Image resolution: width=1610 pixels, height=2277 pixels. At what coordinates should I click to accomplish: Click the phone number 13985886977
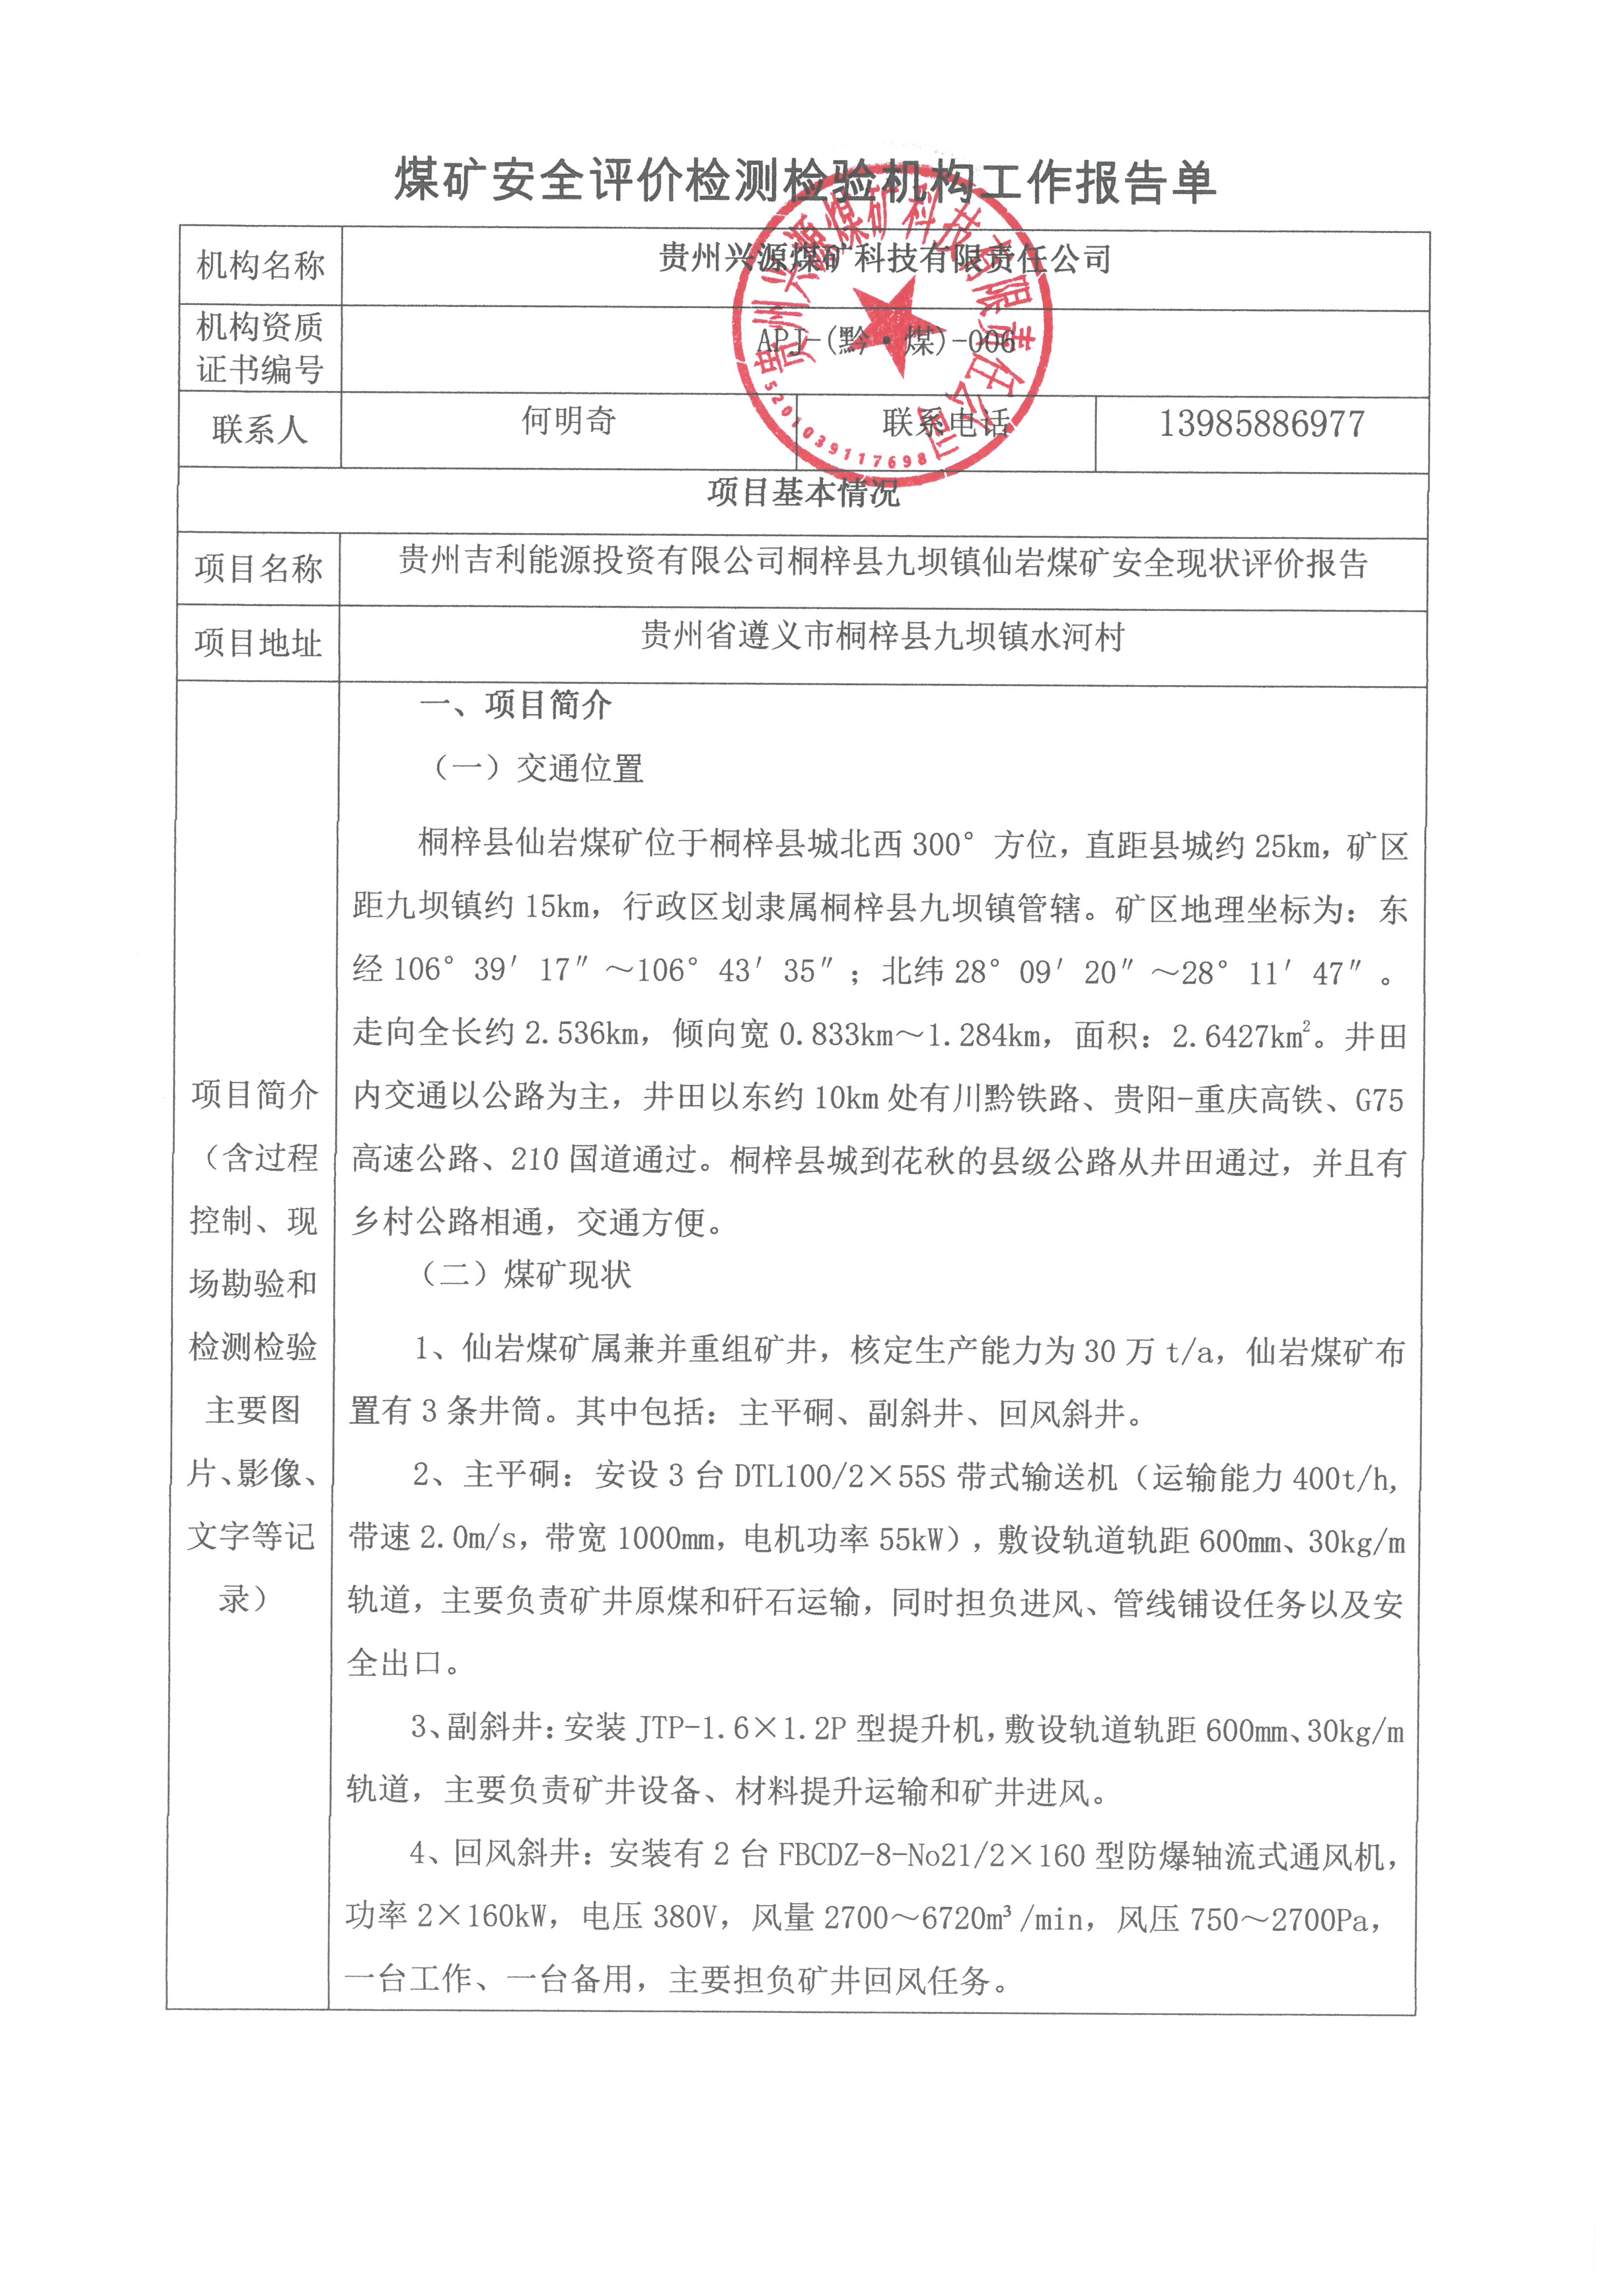pyautogui.click(x=1262, y=425)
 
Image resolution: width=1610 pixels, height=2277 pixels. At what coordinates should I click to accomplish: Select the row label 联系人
pyautogui.click(x=260, y=429)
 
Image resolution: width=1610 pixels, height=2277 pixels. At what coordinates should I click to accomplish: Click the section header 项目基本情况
pyautogui.click(x=803, y=492)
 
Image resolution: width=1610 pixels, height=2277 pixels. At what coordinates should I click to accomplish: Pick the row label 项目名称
pyautogui.click(x=259, y=568)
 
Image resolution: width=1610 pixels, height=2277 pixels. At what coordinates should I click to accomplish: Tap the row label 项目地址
pyautogui.click(x=259, y=643)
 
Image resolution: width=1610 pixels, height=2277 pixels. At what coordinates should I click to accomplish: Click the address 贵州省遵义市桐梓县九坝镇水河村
pyautogui.click(x=883, y=636)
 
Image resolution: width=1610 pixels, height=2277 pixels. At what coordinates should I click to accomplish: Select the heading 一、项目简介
pyautogui.click(x=516, y=705)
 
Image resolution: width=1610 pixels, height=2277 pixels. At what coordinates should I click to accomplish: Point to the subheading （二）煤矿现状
pyautogui.click(x=526, y=1275)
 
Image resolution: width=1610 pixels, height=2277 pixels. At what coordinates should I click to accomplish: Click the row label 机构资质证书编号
pyautogui.click(x=260, y=348)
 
